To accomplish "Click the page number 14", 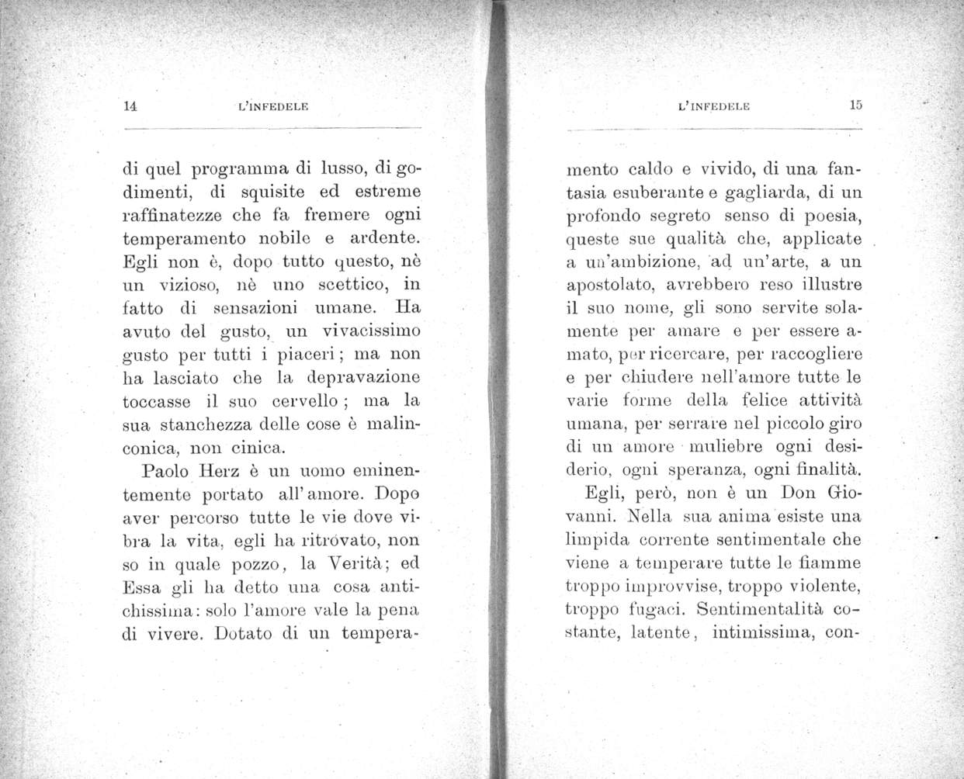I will (130, 107).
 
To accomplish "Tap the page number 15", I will (856, 106).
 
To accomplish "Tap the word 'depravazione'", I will (365, 377).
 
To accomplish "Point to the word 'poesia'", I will (824, 214).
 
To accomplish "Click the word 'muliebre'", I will (726, 447).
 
